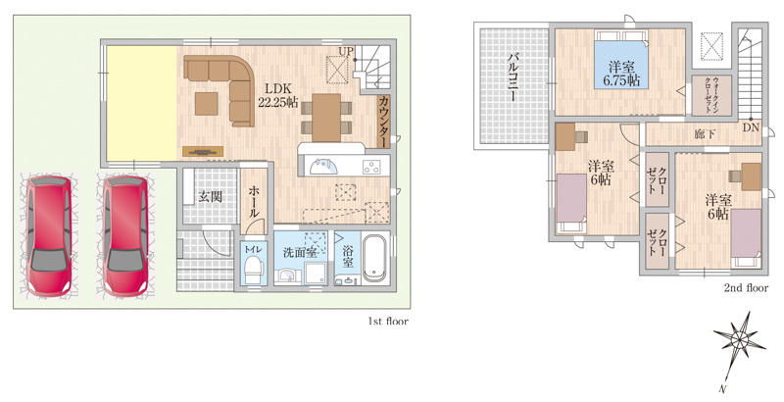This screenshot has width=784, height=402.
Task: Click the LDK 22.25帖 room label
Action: click(277, 95)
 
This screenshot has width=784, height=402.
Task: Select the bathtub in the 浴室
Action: click(375, 259)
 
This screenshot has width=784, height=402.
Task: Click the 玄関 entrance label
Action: click(210, 197)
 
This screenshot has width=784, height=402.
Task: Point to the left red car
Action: click(48, 235)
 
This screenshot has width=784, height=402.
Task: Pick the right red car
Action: click(125, 235)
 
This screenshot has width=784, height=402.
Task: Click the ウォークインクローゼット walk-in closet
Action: click(711, 95)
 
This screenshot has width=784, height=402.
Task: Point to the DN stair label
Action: click(751, 127)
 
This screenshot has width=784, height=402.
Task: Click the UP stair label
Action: click(346, 51)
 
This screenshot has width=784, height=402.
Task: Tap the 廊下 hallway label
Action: click(705, 134)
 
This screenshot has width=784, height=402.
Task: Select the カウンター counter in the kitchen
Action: click(383, 122)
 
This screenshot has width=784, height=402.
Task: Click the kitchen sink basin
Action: click(322, 166)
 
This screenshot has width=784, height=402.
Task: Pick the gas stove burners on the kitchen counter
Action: click(371, 167)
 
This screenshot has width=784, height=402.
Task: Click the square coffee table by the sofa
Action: click(206, 104)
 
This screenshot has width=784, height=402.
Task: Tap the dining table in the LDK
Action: click(326, 118)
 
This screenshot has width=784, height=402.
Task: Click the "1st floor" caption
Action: click(388, 322)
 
